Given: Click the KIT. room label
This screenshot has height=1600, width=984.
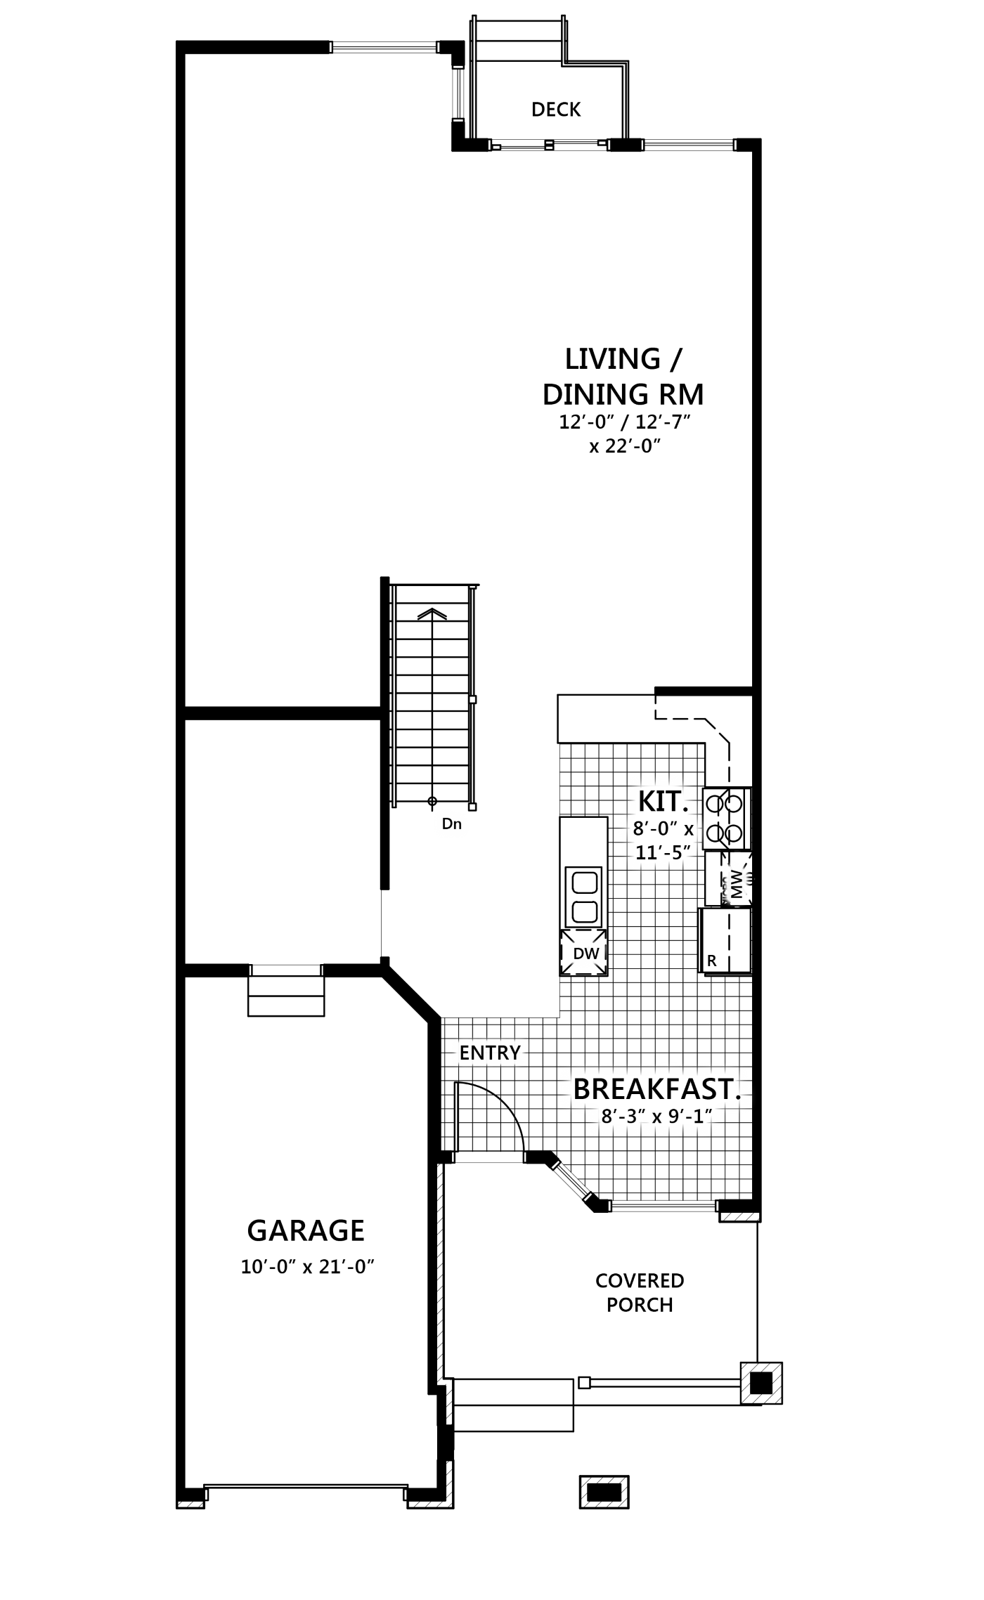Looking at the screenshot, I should coord(662,801).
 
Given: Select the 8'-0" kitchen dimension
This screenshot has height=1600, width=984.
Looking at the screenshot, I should coord(653,829).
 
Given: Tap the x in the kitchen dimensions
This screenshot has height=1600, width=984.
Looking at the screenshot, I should coord(689,830).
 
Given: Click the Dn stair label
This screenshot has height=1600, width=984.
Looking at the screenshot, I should coord(451,824).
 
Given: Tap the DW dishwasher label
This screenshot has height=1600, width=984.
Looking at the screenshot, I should coord(586,954).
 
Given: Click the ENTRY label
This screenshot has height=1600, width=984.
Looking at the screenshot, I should coord(490,1053).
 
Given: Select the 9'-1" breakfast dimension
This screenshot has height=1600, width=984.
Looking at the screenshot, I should coord(690,1116).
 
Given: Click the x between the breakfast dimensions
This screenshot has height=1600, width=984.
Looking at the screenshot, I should coord(656,1117).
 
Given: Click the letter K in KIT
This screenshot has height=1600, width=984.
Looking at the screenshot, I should coord(647,801).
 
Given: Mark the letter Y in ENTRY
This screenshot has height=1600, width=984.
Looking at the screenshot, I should coord(514,1053).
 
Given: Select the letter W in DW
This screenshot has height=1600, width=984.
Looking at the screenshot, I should coord(592,954).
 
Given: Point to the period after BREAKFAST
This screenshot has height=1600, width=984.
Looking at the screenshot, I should coord(738,1098).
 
